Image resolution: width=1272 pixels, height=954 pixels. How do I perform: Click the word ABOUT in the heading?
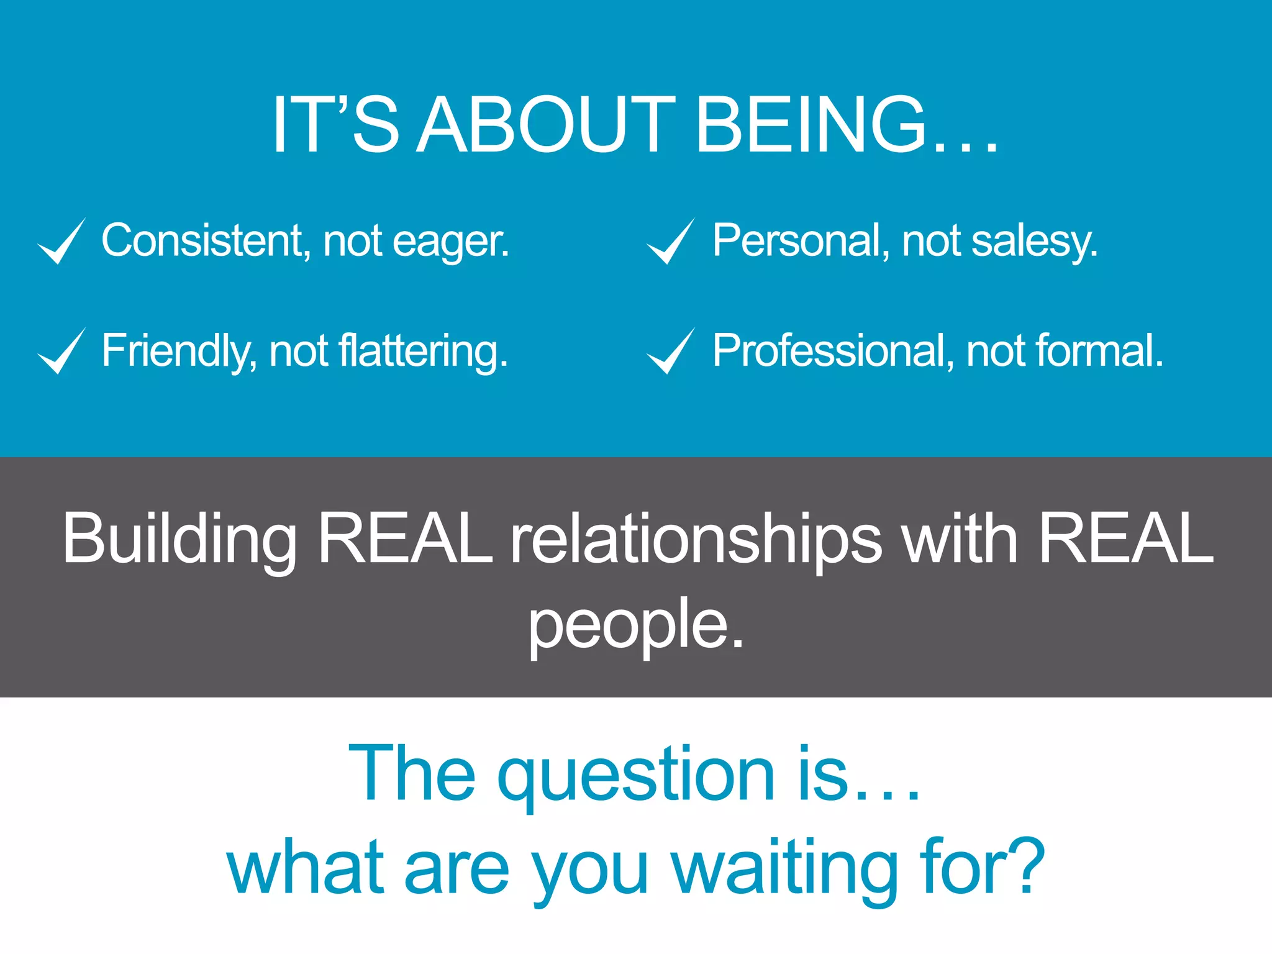point(546,124)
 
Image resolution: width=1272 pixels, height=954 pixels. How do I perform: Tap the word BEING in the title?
point(811,124)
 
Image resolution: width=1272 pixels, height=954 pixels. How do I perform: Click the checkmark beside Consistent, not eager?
point(61,242)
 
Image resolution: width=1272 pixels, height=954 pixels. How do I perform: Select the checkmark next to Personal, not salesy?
point(670,242)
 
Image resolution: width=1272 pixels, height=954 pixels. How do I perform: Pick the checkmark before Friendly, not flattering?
point(61,351)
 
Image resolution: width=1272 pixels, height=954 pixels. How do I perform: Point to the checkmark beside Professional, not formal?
point(670,351)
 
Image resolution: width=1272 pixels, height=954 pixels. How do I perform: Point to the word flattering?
point(423,351)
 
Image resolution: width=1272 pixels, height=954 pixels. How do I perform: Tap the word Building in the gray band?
point(179,540)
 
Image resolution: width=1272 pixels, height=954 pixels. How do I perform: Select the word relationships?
point(696,540)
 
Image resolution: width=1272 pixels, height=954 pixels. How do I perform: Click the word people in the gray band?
point(627,625)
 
